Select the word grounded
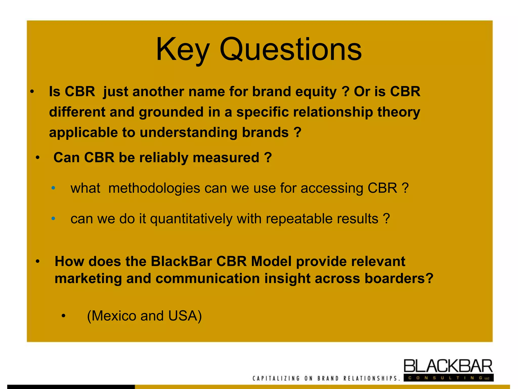[x=171, y=112]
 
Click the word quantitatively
[x=191, y=219]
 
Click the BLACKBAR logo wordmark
[x=448, y=366]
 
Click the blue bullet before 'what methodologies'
[x=53, y=188]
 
